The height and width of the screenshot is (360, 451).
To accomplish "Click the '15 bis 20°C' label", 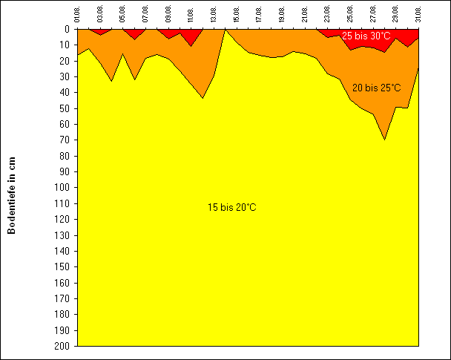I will [x=232, y=207].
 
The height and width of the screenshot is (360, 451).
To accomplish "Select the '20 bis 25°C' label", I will [x=376, y=88].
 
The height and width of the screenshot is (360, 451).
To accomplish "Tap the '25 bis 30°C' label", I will [x=366, y=36].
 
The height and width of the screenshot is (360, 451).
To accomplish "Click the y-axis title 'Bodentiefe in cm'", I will [x=12, y=195].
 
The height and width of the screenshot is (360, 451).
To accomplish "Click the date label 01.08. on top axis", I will [x=78, y=15].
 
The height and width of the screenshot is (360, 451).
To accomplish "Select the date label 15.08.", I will [x=237, y=15].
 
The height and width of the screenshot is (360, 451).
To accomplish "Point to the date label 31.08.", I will [x=418, y=15].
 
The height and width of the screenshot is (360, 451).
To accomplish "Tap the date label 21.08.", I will [x=305, y=15].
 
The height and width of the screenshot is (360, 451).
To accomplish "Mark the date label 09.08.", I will [x=168, y=15].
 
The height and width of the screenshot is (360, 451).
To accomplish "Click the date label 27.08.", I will [x=373, y=15].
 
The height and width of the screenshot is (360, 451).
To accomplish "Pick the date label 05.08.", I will [x=123, y=15].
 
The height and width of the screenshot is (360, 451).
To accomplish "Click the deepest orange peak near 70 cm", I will [x=384, y=139].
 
